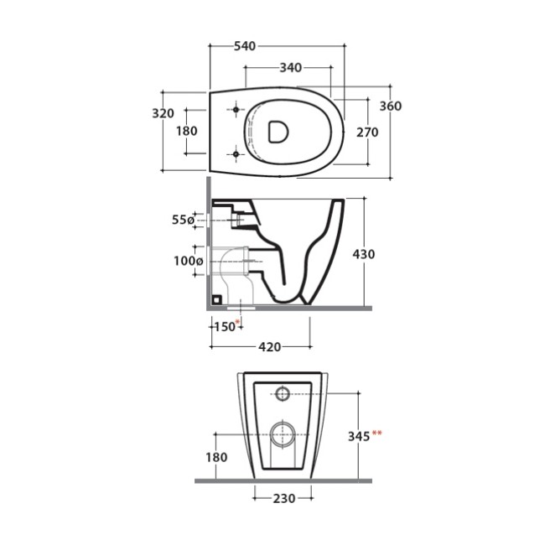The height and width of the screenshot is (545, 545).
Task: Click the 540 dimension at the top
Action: tap(245, 46)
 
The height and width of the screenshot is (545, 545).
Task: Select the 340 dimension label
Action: tap(291, 67)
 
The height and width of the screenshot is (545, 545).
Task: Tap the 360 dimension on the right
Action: tap(391, 106)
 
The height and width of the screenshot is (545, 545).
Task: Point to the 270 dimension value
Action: tap(367, 132)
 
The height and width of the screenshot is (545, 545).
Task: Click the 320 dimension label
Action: tap(163, 113)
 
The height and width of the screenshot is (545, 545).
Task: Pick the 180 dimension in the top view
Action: tap(187, 131)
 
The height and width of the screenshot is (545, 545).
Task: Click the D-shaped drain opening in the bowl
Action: tap(278, 132)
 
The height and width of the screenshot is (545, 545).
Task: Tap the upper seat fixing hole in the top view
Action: tap(236, 110)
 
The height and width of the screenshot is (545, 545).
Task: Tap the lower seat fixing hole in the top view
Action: tap(236, 153)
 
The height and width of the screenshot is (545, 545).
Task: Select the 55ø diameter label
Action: tap(183, 220)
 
